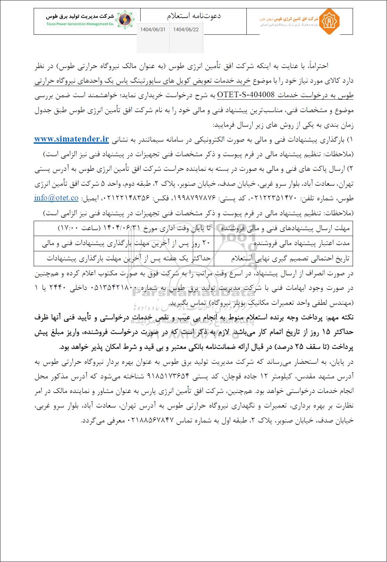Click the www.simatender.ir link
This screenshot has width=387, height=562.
click(x=71, y=139)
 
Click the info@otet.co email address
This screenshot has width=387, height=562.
click(x=56, y=198)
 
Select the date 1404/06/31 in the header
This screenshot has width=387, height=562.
click(x=153, y=30)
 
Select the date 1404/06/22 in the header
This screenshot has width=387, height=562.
click(x=186, y=30)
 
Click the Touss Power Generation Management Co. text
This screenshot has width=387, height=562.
click(x=80, y=24)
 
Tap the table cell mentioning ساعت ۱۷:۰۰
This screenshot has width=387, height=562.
click(x=124, y=228)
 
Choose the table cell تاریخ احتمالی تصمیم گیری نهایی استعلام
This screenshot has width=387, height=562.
click(x=291, y=259)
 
